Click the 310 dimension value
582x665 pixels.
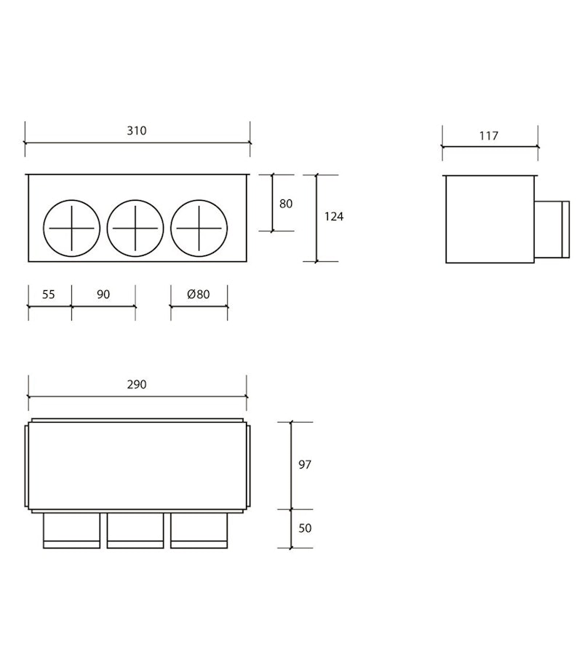137,131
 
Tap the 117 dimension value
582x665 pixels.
488,136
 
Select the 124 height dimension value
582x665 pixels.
334,217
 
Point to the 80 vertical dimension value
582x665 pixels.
286,204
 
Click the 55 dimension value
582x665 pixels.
48,295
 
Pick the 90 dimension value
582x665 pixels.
103,295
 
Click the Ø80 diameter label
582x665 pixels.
199,295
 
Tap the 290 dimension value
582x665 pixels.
137,385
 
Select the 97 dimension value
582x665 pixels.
305,465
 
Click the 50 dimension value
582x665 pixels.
305,528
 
